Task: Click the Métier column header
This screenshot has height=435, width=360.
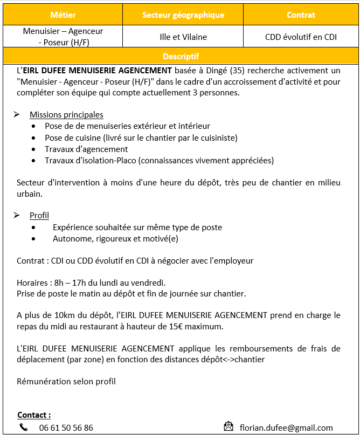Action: (x=63, y=15)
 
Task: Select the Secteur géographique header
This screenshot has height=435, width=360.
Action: (x=183, y=15)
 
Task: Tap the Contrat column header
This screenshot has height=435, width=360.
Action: (x=301, y=15)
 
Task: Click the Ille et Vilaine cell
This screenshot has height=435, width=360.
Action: (x=183, y=37)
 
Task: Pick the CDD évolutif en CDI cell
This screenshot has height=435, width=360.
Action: (x=301, y=37)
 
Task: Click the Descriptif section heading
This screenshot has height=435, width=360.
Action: (x=181, y=56)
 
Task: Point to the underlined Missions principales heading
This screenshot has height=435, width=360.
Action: (x=66, y=114)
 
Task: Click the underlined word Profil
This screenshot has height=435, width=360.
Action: (x=39, y=216)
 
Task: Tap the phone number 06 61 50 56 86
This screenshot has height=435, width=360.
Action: (x=66, y=428)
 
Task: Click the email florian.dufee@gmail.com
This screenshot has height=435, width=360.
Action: (x=286, y=428)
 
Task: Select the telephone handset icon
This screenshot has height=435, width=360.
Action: (x=24, y=427)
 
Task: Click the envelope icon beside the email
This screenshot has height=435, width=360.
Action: (x=229, y=427)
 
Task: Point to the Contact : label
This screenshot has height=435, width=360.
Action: (x=34, y=415)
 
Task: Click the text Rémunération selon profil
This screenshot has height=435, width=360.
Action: (x=66, y=382)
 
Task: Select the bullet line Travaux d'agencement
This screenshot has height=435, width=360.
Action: (x=86, y=149)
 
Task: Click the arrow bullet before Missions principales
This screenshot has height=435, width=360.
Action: (x=17, y=114)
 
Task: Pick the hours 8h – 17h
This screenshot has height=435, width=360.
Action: (x=70, y=282)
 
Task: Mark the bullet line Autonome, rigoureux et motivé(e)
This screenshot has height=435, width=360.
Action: (x=115, y=238)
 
